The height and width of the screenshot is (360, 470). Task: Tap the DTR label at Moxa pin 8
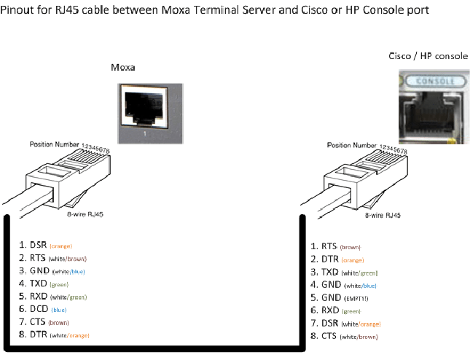[x=39, y=334]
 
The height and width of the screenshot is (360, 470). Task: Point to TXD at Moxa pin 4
[x=39, y=283]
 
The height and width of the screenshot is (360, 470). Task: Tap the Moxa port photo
[x=144, y=109]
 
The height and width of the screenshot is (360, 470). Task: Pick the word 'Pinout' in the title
[x=19, y=9]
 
